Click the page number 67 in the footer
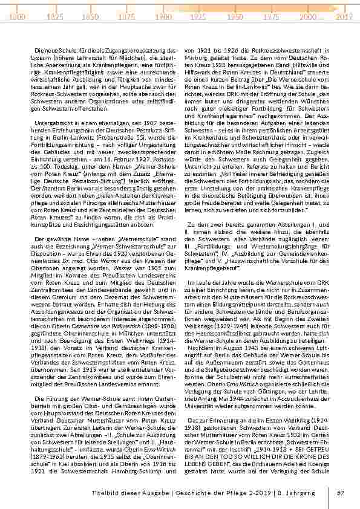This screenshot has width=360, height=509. [x=341, y=493]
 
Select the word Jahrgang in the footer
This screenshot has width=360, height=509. [x=299, y=493]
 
